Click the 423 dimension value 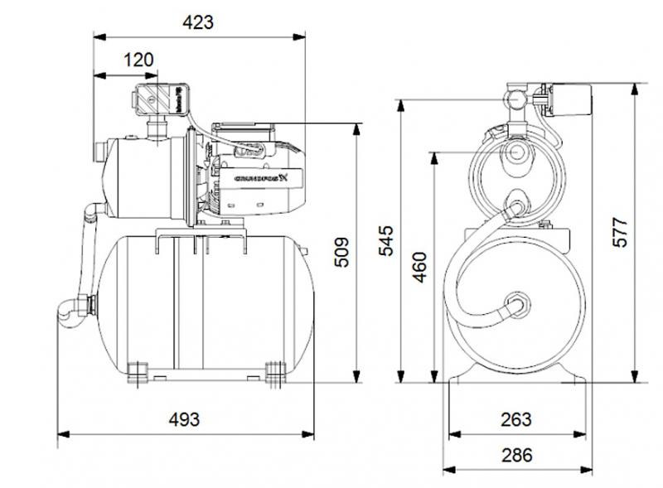coord(197,22)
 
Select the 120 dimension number coord(138,60)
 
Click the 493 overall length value coord(183,419)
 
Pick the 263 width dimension coord(515,419)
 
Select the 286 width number coord(515,455)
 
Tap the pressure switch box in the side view coord(157,99)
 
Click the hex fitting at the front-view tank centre coord(517,302)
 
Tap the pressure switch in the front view coord(567,99)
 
